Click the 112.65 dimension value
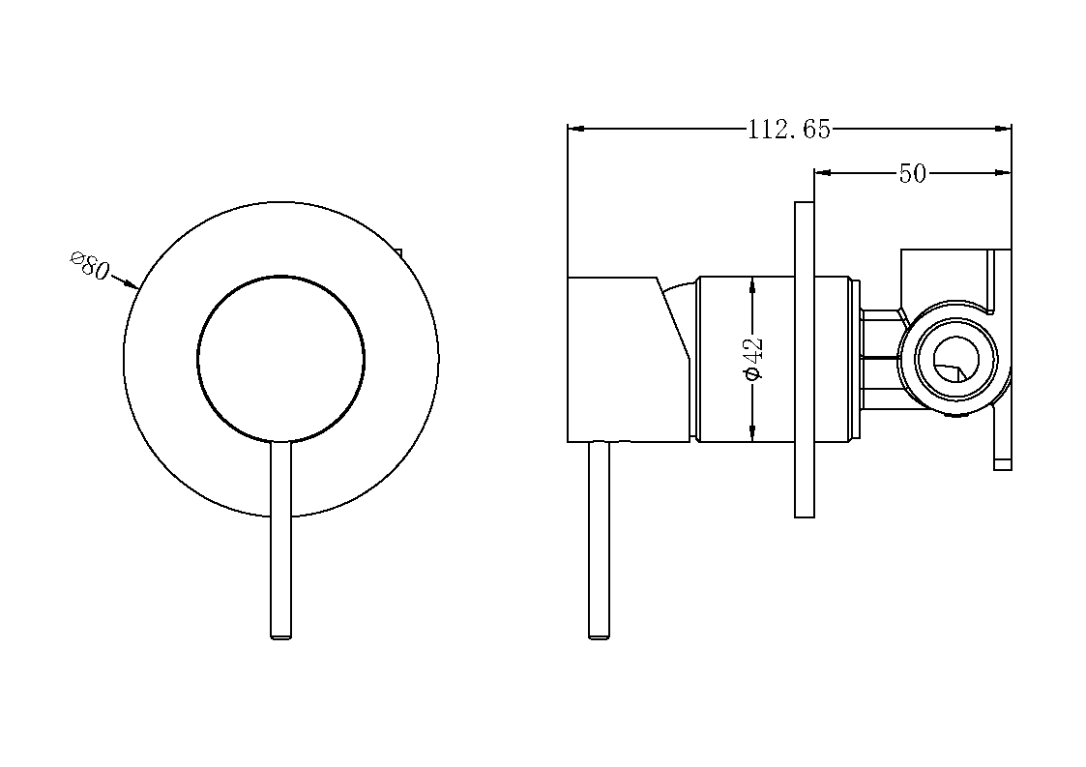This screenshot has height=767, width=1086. click(x=788, y=130)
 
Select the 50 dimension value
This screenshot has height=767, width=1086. click(x=912, y=173)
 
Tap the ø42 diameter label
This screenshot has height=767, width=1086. click(x=753, y=358)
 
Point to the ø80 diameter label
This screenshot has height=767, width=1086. click(x=90, y=265)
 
